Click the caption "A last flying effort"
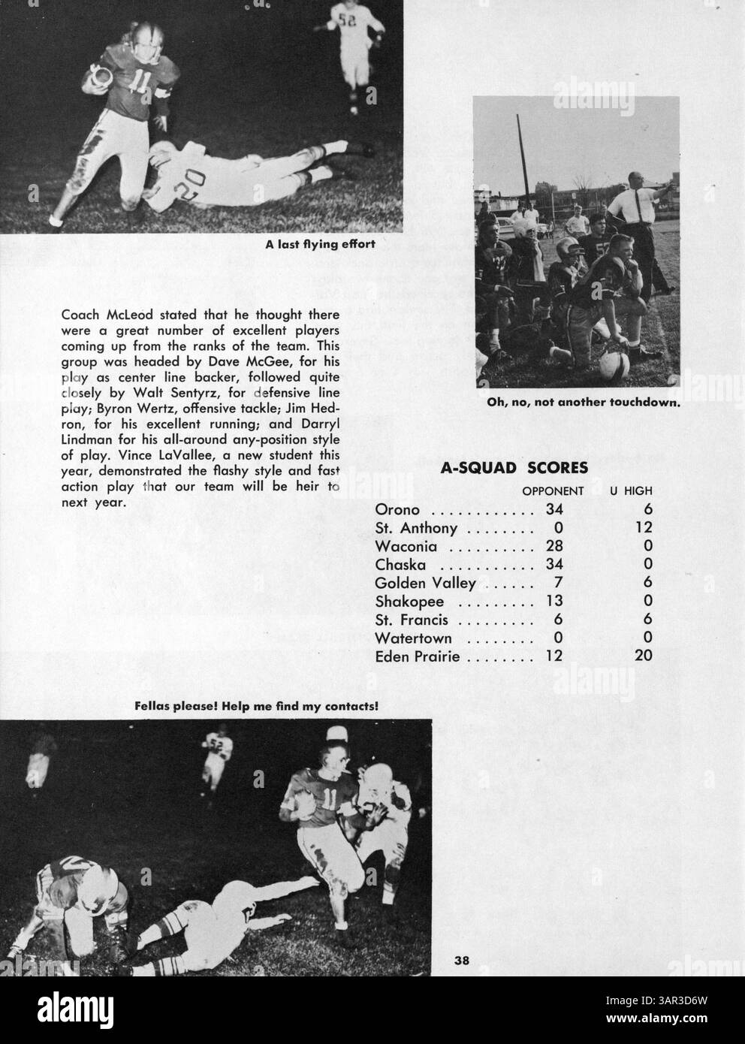(x=320, y=244)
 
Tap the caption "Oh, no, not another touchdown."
(x=583, y=403)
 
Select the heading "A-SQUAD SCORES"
(x=514, y=469)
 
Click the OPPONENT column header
(x=553, y=491)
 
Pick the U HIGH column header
(x=631, y=491)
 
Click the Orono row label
(x=397, y=511)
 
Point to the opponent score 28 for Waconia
(x=554, y=546)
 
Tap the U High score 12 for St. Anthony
(x=644, y=529)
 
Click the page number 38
(x=461, y=959)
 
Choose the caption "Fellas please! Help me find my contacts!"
(x=255, y=706)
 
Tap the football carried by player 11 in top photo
(x=99, y=74)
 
